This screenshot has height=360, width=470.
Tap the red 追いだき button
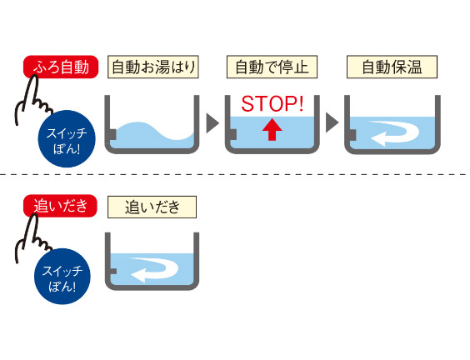[61, 205]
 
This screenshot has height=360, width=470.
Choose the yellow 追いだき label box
[152, 206]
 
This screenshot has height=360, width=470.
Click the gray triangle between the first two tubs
[212, 123]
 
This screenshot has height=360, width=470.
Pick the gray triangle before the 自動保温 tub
[332, 123]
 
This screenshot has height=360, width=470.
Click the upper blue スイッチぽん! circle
[65, 137]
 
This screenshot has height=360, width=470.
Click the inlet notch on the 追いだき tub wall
[112, 272]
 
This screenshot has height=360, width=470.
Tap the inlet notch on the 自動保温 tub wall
[352, 134]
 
